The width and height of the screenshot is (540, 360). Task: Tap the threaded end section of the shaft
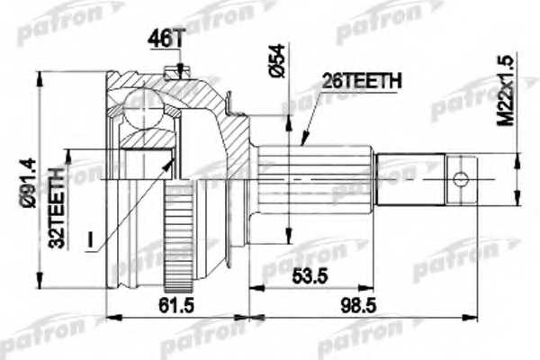409,176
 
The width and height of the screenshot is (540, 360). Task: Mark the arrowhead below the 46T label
181,70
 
